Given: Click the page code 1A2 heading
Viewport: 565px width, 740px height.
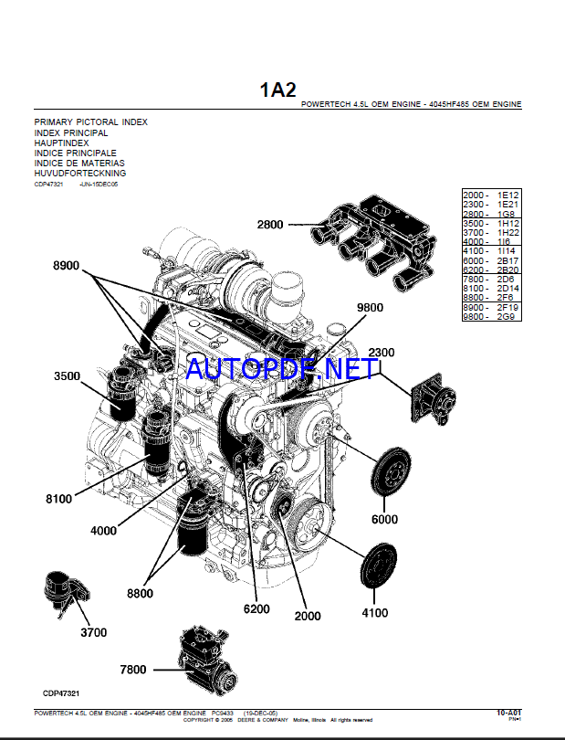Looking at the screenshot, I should [278, 90].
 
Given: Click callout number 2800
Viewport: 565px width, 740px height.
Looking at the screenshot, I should [270, 225].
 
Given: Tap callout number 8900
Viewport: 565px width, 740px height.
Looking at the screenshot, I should [67, 266].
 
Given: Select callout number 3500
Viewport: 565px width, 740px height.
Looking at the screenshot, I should [67, 376].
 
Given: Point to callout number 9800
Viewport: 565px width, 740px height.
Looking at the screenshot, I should [371, 308].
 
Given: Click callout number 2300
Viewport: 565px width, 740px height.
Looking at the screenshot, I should [382, 353].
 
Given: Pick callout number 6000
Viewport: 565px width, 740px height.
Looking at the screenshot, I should [384, 519].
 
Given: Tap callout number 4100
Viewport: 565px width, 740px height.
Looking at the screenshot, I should [375, 612].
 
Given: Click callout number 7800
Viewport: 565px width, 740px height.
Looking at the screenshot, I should [132, 670].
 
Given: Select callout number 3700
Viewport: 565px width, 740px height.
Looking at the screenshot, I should [93, 632].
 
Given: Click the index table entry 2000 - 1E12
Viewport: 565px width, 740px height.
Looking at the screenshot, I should [490, 196].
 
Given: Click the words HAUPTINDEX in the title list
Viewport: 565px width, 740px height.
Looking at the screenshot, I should [62, 143].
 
